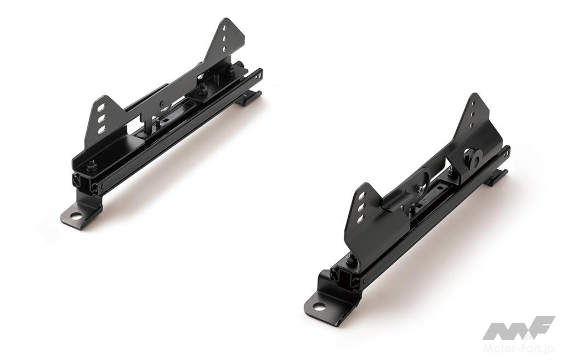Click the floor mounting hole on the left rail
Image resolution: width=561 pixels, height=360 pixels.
(x=76, y=216)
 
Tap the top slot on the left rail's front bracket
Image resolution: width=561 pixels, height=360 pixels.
(x=103, y=107)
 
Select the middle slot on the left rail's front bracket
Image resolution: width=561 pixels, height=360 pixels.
(x=102, y=118)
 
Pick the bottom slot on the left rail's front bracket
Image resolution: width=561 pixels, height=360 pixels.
(x=101, y=129)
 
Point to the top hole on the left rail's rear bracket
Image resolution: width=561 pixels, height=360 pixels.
(x=225, y=27)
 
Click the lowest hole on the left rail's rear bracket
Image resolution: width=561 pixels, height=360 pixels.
(x=224, y=48)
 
